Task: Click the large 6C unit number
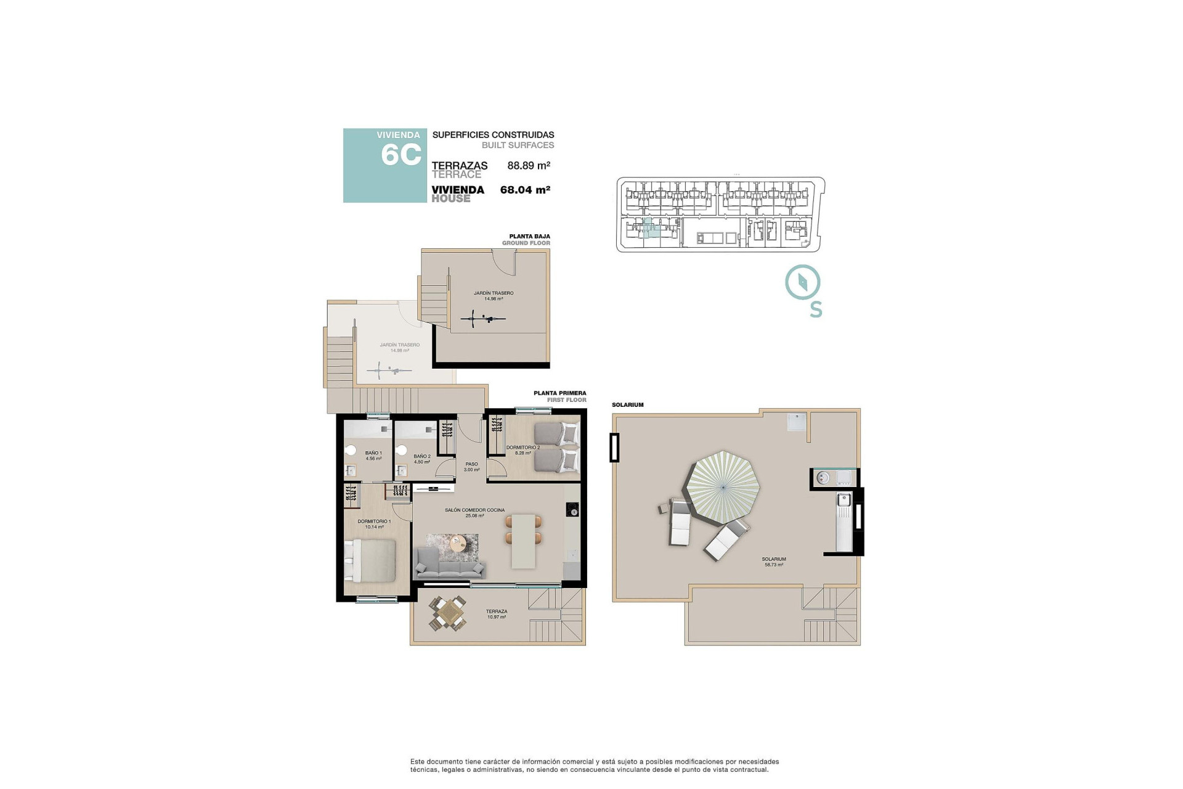400,155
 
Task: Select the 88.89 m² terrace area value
528,165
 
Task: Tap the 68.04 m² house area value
524,190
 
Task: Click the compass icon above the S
802,283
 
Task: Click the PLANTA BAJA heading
529,236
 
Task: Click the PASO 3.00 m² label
471,467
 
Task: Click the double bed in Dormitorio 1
370,560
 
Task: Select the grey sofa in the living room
449,562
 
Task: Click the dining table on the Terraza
448,613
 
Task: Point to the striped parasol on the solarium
723,487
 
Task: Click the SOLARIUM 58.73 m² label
774,562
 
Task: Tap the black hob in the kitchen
572,510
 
